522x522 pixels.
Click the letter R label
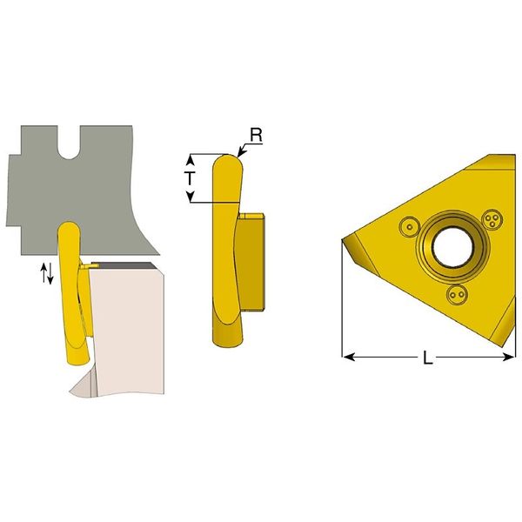tap(257, 135)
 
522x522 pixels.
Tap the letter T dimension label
tap(190, 178)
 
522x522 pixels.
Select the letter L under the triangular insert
tap(427, 358)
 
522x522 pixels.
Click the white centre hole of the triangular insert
tap(452, 247)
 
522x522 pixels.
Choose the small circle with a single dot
tap(410, 227)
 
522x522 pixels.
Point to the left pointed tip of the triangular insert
tap(343, 240)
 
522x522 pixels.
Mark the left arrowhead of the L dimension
tap(347, 358)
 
